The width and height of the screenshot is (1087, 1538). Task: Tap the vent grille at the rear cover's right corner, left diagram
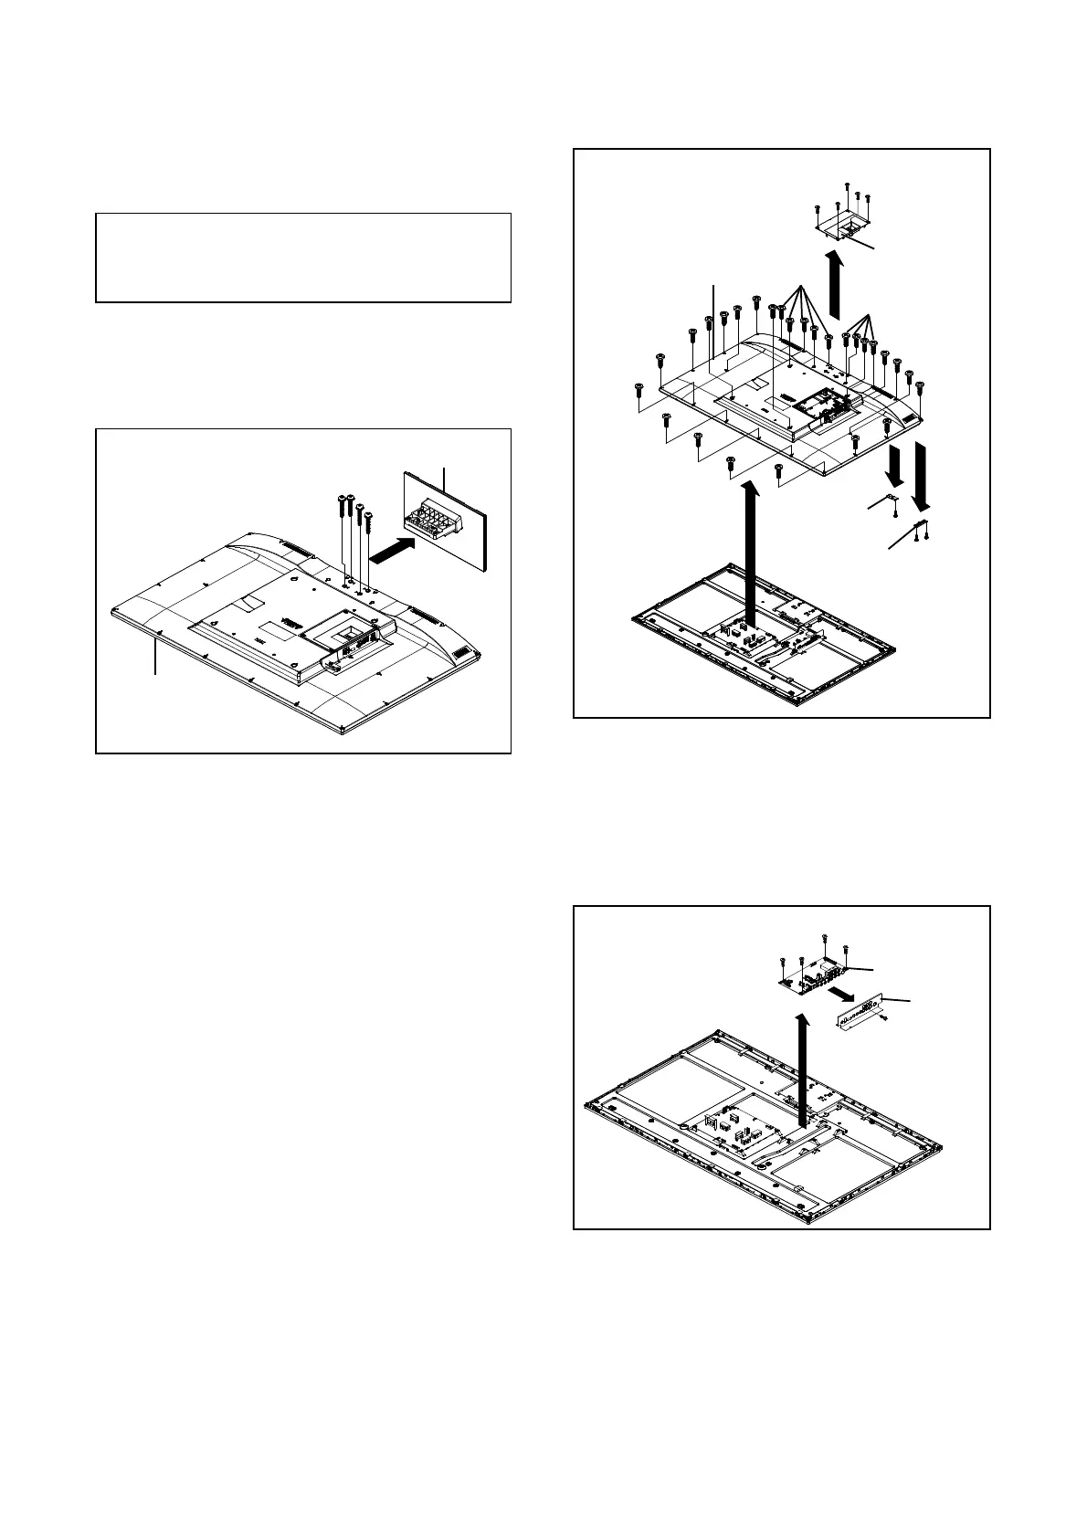tap(463, 655)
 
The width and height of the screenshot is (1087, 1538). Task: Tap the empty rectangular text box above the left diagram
tap(302, 258)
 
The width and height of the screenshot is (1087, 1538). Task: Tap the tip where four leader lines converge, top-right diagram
tap(868, 315)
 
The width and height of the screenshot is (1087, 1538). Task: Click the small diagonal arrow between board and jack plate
tap(841, 992)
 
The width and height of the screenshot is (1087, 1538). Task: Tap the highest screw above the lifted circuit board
tap(825, 938)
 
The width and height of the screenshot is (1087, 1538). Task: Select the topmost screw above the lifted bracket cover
tap(849, 186)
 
